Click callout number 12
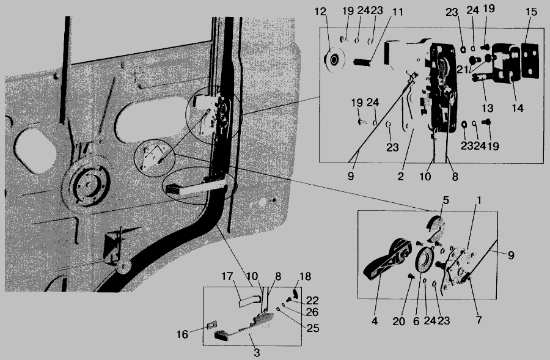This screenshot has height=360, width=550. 320,12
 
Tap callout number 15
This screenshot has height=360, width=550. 532,12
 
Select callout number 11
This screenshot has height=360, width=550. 397,12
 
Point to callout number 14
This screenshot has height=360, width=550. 518,108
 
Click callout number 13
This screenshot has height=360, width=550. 487,108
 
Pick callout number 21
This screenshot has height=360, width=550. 463,70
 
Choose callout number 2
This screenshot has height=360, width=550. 400,177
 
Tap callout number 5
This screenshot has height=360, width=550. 446,200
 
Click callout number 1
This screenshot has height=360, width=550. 479,200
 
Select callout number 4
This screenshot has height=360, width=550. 375,321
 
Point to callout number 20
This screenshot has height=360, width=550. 399,321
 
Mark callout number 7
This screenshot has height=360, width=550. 479,320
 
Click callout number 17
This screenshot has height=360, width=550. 227,276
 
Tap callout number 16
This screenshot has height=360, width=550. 182,334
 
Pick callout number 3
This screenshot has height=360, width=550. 257,353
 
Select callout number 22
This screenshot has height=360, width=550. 312,300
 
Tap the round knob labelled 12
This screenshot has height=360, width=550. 334,60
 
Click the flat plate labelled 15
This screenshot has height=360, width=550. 530,60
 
